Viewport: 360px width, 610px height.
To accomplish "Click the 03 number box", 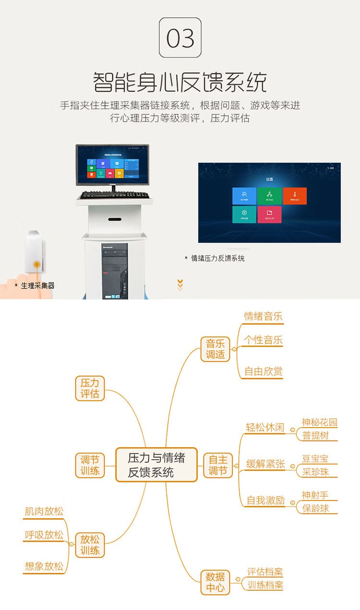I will pos(180,38).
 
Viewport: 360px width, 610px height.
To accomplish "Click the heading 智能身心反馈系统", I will pos(180,82).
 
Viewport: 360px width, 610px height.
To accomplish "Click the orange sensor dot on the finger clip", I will pos(36,264).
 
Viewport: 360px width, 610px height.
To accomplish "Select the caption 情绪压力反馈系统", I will pos(217,258).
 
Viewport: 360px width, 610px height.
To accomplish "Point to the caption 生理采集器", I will pos(37,286).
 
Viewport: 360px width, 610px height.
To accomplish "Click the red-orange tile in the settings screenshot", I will pos(294,196).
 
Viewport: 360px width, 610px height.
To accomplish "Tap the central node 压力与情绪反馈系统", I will pos(156,465).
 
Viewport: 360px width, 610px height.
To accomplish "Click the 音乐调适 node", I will pos(216,349).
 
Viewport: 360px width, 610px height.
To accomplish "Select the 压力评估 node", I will pos(90,388).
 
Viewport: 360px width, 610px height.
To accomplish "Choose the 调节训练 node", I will pos(90,465).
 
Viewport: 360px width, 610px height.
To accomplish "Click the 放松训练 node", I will pos(90,545).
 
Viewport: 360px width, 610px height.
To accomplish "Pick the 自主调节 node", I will pos(217,465).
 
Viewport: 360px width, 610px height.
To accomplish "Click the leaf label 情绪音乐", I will pos(263,316).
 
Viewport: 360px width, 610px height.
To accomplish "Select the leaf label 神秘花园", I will pos(319,423).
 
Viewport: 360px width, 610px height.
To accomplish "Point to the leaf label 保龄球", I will pos(315,508).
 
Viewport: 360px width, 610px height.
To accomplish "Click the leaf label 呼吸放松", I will pos(44,535).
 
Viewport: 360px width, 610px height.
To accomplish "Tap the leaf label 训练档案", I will pos(265,586).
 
